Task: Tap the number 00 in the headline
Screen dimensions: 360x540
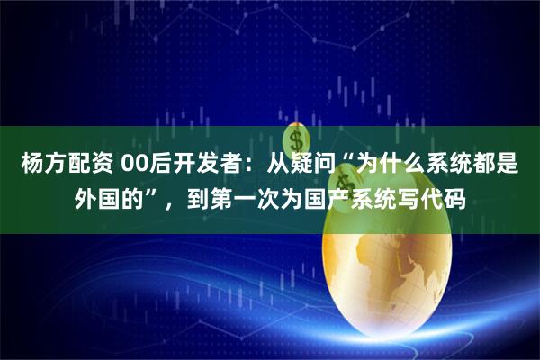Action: click(132, 166)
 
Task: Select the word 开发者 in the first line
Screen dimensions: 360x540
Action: click(206, 166)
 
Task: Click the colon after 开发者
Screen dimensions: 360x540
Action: click(248, 166)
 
